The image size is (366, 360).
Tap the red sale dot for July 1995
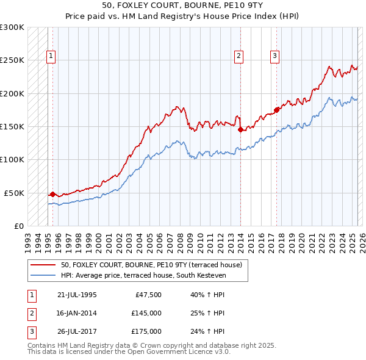[x=52, y=194]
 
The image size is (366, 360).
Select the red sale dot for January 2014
[x=240, y=129]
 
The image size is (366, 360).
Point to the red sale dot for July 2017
[x=277, y=110]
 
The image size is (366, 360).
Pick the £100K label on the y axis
[x=12, y=159]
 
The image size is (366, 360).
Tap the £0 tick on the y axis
[x=20, y=226]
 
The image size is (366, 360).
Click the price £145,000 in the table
[x=146, y=313]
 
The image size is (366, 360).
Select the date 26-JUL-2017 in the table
[x=77, y=331]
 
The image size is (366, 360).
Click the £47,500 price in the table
[x=148, y=295]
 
